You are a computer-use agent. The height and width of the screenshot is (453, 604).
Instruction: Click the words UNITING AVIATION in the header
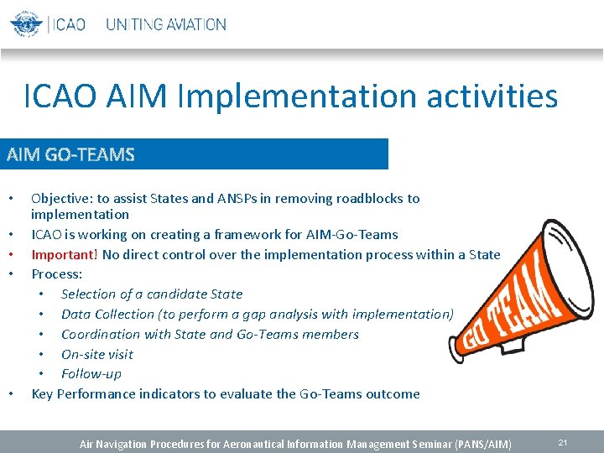pos(165,24)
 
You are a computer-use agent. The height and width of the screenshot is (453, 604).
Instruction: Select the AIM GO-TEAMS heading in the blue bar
pos(70,154)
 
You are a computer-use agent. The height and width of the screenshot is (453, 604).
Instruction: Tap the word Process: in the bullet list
pos(57,274)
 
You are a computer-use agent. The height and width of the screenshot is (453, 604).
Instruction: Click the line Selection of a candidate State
pos(152,294)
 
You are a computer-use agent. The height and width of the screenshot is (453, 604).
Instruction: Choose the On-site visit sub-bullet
pos(97,354)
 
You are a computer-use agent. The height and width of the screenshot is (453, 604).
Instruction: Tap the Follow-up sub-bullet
pos(91,374)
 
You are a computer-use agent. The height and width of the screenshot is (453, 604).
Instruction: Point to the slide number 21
pos(562,442)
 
